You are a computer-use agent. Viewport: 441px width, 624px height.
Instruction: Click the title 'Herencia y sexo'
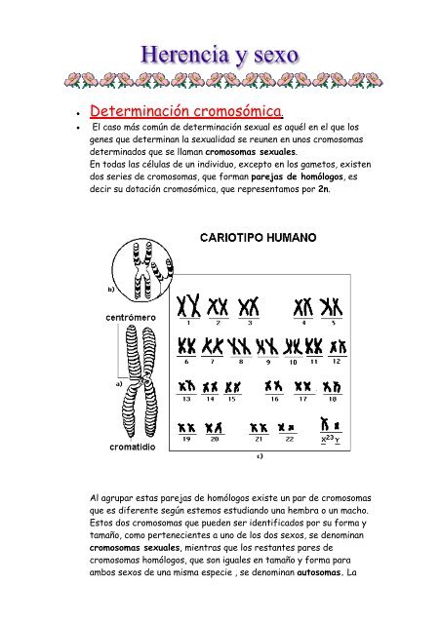[x=220, y=56]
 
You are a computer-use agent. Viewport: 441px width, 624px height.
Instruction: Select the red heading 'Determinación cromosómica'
[x=185, y=111]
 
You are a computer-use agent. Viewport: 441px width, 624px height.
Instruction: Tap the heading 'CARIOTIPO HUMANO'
[x=259, y=238]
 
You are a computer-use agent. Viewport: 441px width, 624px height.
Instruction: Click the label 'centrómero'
[x=131, y=318]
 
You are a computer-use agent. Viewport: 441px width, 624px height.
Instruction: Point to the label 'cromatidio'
[x=133, y=447]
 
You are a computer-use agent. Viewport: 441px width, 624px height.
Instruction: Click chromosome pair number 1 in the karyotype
[x=188, y=305]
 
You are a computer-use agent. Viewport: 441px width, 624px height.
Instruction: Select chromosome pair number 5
[x=332, y=307]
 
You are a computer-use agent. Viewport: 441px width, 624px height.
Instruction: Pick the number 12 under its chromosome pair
[x=337, y=361]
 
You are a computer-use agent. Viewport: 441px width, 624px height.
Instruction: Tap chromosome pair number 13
[x=186, y=386]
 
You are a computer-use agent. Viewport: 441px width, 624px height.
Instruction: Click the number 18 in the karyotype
[x=333, y=399]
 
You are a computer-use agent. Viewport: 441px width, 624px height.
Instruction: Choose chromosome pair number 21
[x=259, y=428]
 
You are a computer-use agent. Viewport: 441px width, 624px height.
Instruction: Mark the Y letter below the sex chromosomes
[x=338, y=440]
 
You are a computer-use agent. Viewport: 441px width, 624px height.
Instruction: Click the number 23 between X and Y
[x=330, y=438]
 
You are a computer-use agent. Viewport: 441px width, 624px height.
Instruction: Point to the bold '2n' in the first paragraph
[x=324, y=189]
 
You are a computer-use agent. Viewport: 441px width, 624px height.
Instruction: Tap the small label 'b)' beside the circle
[x=111, y=290]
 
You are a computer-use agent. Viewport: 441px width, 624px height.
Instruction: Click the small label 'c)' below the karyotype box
[x=260, y=456]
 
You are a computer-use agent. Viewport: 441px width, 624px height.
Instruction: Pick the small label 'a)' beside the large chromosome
[x=119, y=384]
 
